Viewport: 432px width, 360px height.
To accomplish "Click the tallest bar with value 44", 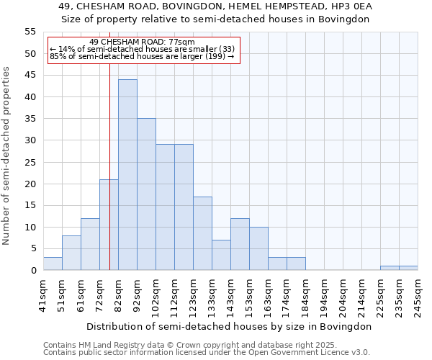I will (127, 175).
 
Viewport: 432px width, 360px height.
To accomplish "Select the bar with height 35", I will (146, 194).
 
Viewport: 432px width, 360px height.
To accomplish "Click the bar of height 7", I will (221, 255).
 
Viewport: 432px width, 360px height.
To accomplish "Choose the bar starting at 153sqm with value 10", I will (258, 248).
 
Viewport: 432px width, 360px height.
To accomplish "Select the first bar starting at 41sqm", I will (53, 264).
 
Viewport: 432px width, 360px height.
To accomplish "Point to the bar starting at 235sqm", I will (408, 268).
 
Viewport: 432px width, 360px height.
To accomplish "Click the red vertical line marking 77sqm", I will (109, 144).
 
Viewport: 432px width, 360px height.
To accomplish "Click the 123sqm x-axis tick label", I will (194, 296).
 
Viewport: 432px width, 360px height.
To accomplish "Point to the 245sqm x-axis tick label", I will (418, 296).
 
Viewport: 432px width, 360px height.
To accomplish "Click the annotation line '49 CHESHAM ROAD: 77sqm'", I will (143, 42).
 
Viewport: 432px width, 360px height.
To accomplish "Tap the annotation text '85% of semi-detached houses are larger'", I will (143, 56).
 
